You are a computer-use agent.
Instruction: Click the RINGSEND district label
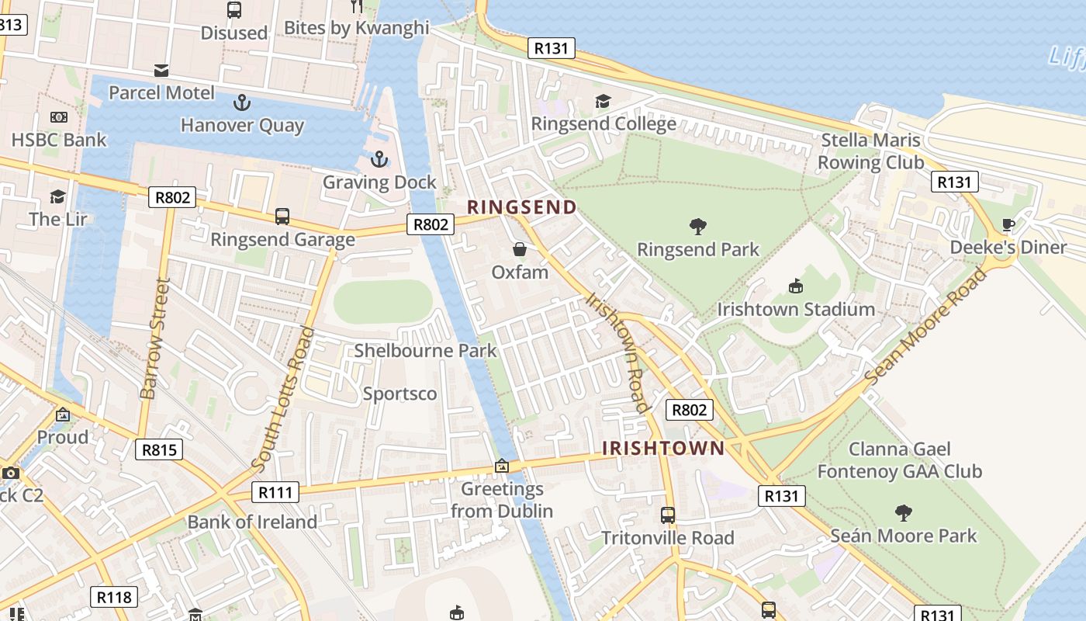[521, 207]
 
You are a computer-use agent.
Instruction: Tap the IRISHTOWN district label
[663, 448]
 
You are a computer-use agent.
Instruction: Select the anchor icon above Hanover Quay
[242, 102]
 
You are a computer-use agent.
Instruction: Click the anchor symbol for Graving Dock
[379, 160]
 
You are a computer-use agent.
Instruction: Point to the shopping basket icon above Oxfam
[520, 249]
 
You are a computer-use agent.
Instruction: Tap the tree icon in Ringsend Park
[697, 227]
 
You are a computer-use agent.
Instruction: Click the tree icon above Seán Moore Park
[903, 512]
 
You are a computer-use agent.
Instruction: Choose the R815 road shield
[159, 449]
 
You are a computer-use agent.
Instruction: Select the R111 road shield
[275, 492]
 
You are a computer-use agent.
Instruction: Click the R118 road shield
[115, 597]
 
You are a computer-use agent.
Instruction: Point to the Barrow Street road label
[155, 338]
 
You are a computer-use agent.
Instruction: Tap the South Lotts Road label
[284, 398]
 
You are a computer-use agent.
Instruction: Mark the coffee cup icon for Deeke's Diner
[1008, 225]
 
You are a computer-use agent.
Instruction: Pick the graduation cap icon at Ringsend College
[603, 102]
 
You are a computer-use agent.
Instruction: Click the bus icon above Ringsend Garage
[282, 217]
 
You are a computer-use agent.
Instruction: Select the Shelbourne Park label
[425, 351]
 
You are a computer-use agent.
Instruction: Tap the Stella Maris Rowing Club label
[870, 151]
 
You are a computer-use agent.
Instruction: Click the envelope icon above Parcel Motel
[161, 71]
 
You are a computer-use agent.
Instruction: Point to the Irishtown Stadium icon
[795, 286]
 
